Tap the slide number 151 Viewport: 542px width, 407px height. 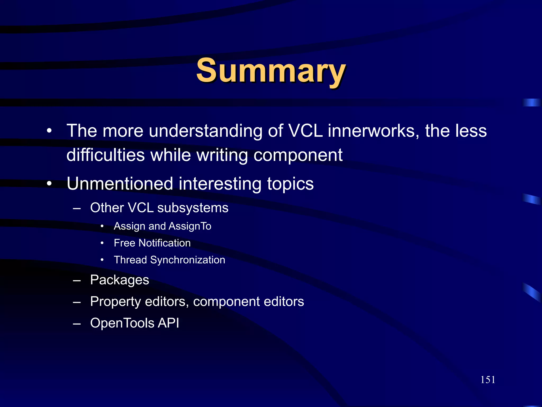488,380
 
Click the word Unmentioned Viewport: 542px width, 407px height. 120,184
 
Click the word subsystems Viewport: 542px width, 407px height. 193,208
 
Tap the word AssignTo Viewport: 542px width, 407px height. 190,226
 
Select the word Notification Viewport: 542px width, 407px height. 165,243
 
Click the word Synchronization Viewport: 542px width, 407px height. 188,260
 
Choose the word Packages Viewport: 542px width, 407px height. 120,280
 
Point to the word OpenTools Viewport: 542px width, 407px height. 122,323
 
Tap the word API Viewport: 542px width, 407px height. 168,323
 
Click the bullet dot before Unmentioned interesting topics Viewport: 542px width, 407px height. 49,184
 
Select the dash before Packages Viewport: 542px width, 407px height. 77,280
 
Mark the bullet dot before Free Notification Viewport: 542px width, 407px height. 102,243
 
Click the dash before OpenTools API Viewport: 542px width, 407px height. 77,324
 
